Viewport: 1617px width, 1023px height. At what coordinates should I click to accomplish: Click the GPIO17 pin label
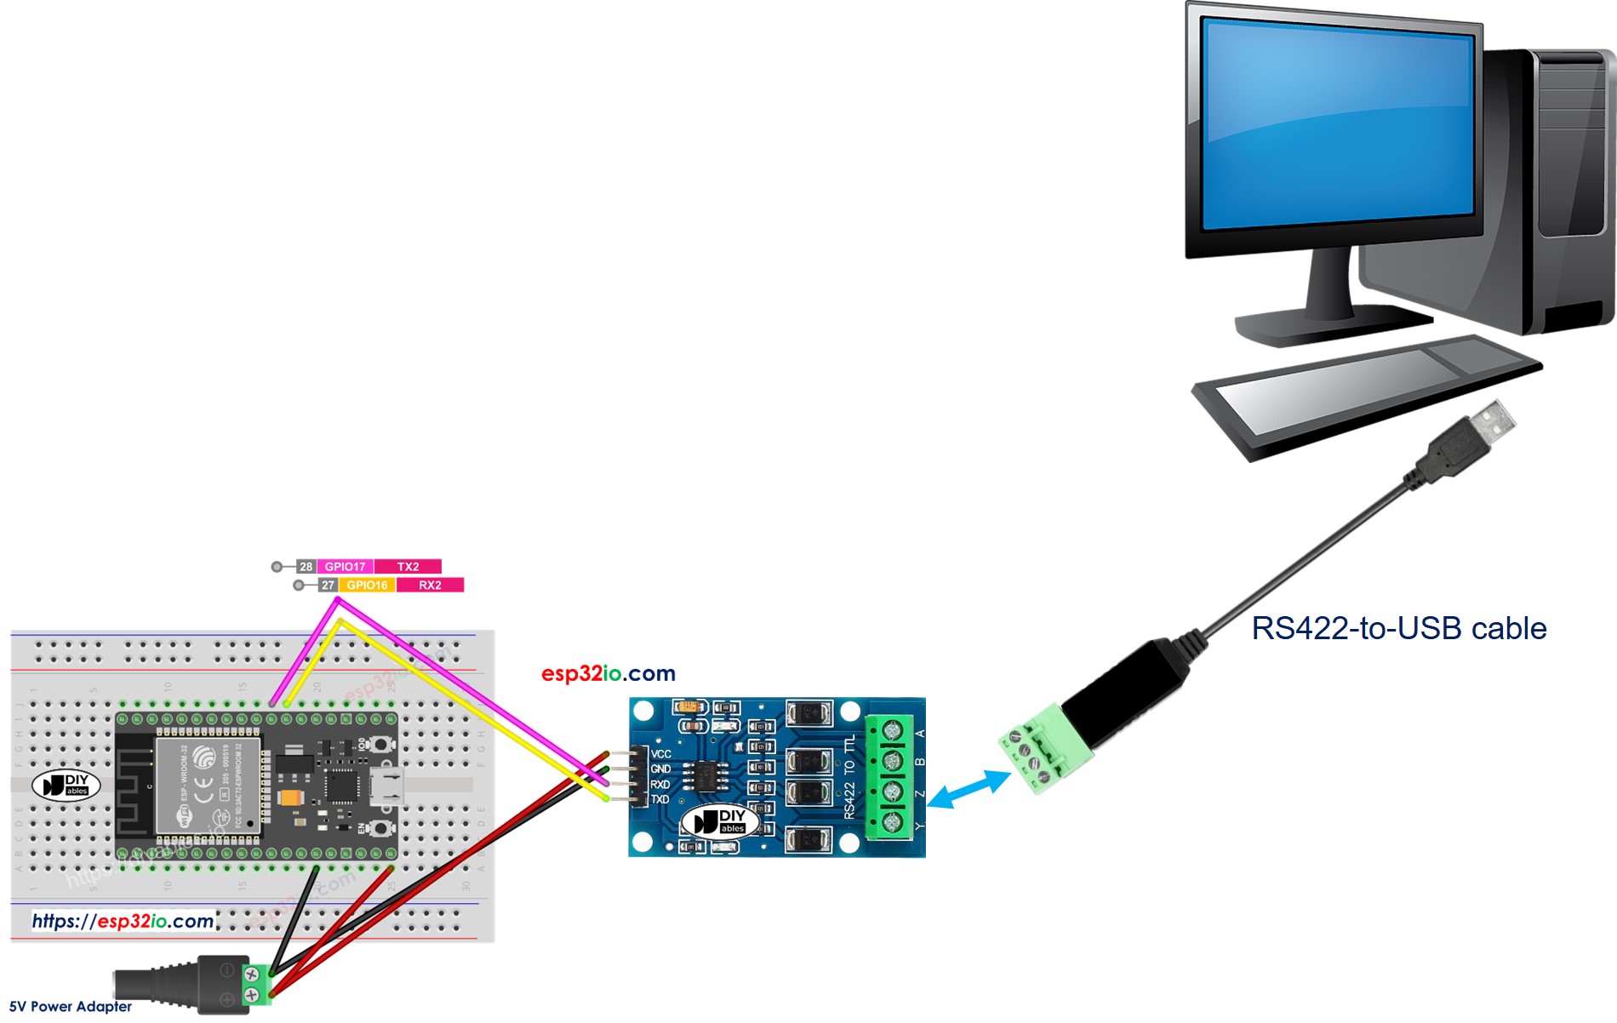point(345,567)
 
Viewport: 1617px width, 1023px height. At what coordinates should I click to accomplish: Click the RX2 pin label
point(430,586)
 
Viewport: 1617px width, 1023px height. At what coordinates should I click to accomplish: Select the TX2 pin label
point(408,567)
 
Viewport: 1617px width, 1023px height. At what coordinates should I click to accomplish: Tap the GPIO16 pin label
point(367,586)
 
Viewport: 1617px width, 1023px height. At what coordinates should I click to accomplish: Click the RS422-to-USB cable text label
point(1398,628)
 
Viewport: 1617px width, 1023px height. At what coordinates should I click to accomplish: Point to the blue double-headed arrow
point(969,789)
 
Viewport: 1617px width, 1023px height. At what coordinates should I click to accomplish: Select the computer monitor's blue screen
point(1338,128)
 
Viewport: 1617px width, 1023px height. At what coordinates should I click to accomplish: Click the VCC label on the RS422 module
point(661,754)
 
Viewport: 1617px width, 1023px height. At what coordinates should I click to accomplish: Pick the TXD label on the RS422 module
point(660,800)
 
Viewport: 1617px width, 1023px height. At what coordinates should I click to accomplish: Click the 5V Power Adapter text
point(71,1007)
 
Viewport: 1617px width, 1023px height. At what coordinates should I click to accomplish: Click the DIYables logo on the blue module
point(720,821)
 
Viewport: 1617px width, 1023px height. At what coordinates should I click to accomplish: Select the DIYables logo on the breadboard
point(66,785)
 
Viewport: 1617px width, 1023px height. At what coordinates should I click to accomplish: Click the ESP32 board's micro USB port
point(388,786)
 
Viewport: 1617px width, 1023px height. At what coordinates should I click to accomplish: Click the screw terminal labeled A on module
point(891,730)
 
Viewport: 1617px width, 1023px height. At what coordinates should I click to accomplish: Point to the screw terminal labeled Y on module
point(891,822)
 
